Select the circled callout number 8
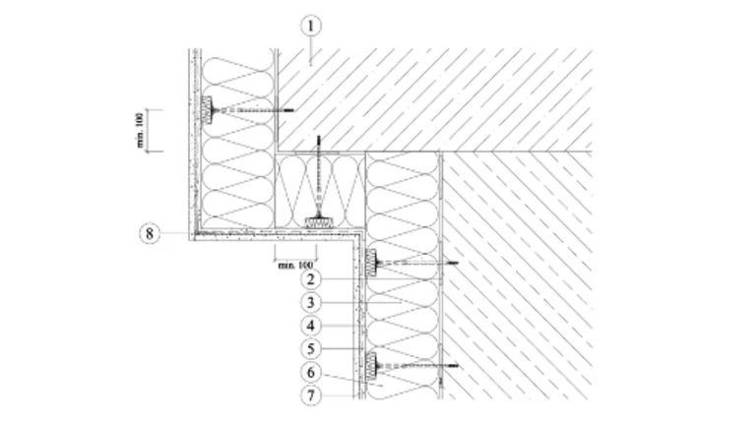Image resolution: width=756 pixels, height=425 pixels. pyautogui.click(x=149, y=234)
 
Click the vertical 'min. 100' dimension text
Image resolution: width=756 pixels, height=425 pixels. pyautogui.click(x=140, y=130)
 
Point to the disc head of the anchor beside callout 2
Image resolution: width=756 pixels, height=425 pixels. pyautogui.click(x=373, y=263)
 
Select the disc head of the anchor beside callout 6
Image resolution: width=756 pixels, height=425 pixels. pyautogui.click(x=373, y=368)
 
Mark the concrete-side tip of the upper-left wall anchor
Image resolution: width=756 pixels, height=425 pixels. pyautogui.click(x=290, y=111)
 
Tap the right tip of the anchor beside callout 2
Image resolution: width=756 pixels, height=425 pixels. pyautogui.click(x=456, y=263)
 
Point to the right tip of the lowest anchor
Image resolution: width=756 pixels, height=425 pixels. pyautogui.click(x=456, y=368)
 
